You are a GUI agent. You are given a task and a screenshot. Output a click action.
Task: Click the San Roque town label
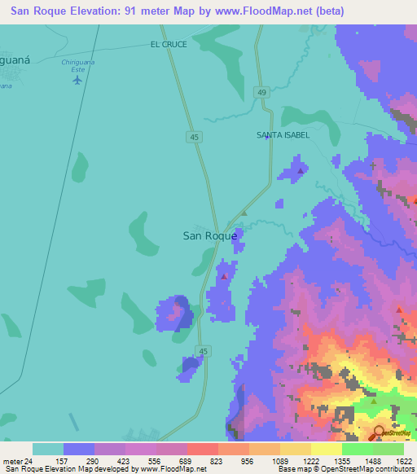pyautogui.click(x=209, y=235)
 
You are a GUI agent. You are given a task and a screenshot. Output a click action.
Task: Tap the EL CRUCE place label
pyautogui.click(x=169, y=44)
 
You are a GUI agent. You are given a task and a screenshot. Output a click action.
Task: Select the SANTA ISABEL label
pyautogui.click(x=283, y=134)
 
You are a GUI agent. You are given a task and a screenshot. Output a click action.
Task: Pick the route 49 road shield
pyautogui.click(x=261, y=92)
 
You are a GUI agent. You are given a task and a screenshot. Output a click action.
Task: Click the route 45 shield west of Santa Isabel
pyautogui.click(x=195, y=138)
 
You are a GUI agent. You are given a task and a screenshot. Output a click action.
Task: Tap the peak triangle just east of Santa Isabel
pyautogui.click(x=301, y=171)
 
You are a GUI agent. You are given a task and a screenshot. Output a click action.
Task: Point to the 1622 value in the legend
pyautogui.click(x=403, y=460)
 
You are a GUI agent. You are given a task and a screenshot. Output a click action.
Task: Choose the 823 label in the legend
pyautogui.click(x=218, y=460)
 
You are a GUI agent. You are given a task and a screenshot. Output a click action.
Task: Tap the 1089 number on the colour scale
pyautogui.click(x=280, y=460)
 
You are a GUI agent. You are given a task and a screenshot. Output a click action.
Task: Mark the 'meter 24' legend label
pyautogui.click(x=16, y=460)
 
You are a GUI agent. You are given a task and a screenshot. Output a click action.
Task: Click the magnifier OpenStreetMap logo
pyautogui.click(x=380, y=433)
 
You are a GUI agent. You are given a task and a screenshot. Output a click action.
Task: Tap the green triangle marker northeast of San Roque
pyautogui.click(x=243, y=213)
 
